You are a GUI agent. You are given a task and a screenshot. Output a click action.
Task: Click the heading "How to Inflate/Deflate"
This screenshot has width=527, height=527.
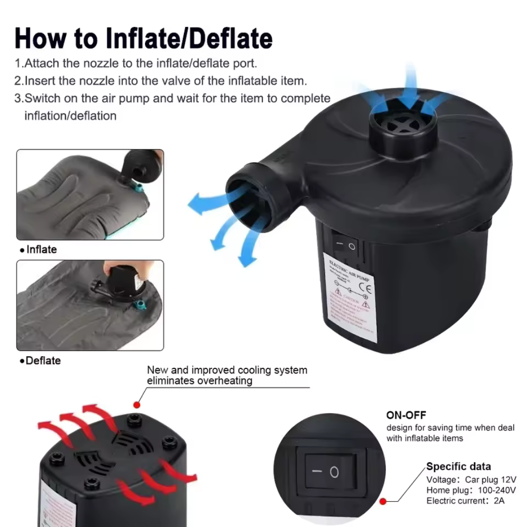point(143,38)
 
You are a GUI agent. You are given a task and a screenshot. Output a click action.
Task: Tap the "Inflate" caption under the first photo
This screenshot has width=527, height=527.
point(39,250)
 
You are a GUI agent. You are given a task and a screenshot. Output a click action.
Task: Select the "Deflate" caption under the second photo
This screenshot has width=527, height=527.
point(41,361)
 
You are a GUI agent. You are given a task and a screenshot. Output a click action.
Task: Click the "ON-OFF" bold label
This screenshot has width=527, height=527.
point(406,415)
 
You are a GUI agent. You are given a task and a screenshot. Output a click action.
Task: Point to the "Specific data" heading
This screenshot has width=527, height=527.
point(458,466)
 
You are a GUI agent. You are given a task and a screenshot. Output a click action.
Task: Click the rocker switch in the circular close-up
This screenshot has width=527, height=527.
point(330,472)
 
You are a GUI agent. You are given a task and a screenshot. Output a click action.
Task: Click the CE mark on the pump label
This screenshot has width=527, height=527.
point(368,288)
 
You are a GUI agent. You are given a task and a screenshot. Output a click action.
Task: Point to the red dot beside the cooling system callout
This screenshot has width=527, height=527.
point(137,405)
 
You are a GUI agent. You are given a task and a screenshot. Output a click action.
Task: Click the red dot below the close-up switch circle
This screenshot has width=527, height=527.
point(383,501)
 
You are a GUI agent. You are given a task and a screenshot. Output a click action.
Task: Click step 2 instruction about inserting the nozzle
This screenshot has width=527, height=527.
point(161,81)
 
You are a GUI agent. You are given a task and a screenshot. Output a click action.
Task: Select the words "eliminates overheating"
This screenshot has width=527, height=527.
point(200,381)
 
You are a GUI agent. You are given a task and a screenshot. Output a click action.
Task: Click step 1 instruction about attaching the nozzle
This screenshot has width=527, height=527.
point(135,63)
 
